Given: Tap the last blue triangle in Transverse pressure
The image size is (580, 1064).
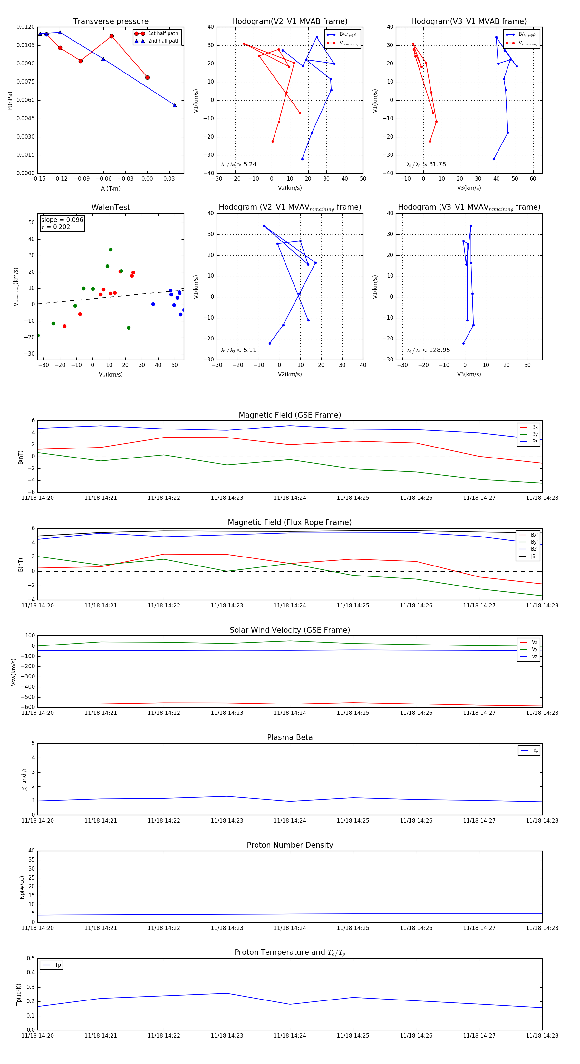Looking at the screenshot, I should click(175, 105).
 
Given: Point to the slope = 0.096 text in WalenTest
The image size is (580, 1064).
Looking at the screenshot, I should click(62, 220).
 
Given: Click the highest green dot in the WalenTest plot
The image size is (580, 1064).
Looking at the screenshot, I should click(111, 250).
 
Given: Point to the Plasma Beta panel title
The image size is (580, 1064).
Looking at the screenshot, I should click(290, 737).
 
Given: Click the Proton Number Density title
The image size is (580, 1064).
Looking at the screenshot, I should click(290, 845).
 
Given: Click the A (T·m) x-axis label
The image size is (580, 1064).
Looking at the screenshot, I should click(111, 188).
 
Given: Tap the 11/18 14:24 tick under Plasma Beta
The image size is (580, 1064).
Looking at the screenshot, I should click(290, 820).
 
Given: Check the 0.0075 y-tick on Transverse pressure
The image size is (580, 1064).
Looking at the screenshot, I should click(25, 82).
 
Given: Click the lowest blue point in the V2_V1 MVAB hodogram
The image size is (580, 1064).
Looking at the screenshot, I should click(302, 159).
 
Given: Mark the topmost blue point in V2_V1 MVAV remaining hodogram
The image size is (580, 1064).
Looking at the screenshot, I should click(264, 226).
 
